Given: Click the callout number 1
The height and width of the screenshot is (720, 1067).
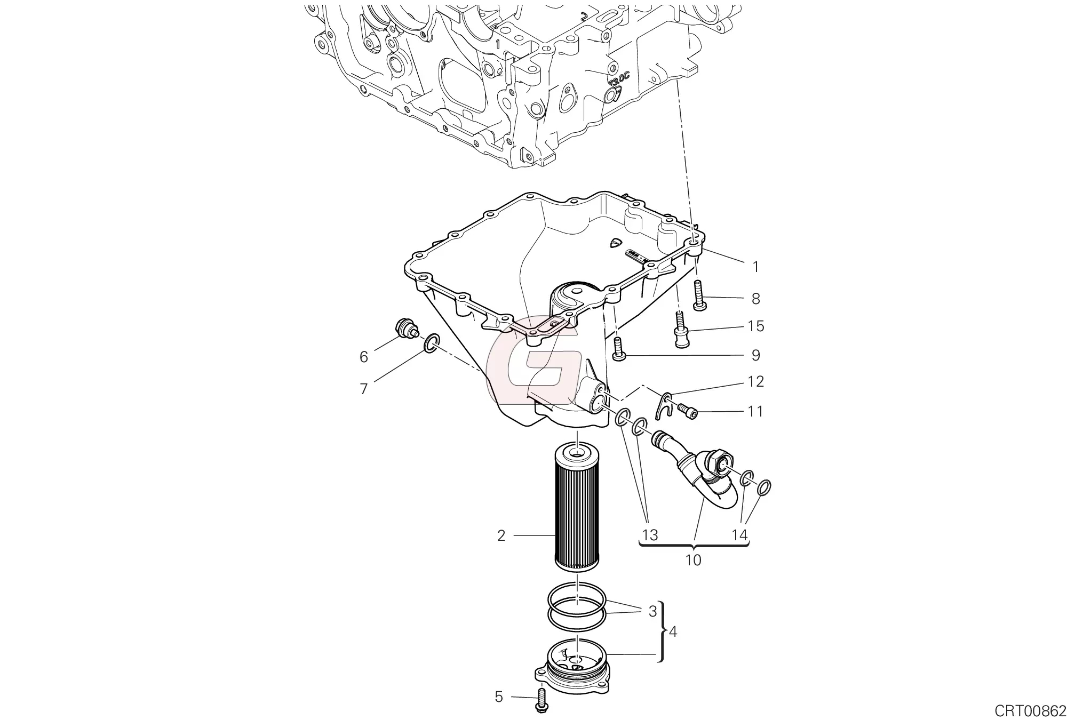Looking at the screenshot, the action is click(x=755, y=267).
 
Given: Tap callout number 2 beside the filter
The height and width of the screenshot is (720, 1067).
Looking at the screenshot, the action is click(x=501, y=535).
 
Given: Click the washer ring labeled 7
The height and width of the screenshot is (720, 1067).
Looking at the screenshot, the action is click(x=433, y=344).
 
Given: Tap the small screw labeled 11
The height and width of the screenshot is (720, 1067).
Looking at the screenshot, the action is click(x=688, y=411).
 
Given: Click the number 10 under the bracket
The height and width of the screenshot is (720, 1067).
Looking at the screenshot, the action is click(x=694, y=560).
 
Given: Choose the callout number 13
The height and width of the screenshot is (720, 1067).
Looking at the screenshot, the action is click(x=650, y=534).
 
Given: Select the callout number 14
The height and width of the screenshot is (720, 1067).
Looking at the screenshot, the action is click(x=740, y=534).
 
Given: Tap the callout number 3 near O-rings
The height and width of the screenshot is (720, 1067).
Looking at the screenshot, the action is click(x=652, y=612).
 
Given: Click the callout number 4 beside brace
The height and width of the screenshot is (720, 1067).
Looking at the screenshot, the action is click(x=673, y=632).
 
